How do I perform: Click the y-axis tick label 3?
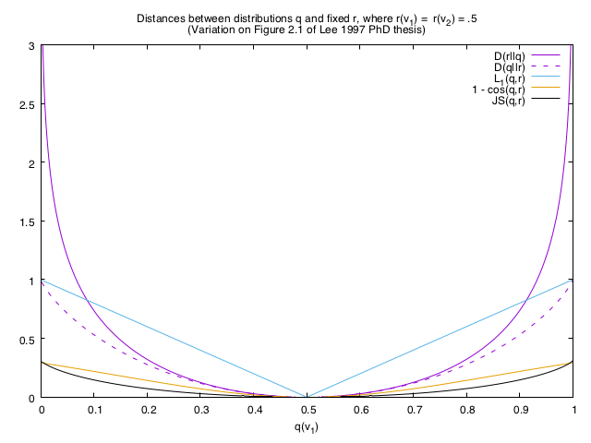[x=32, y=46]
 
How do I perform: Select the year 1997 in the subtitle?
[x=338, y=30]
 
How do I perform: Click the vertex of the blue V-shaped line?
[x=308, y=398]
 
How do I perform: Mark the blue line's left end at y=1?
[x=42, y=281]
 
